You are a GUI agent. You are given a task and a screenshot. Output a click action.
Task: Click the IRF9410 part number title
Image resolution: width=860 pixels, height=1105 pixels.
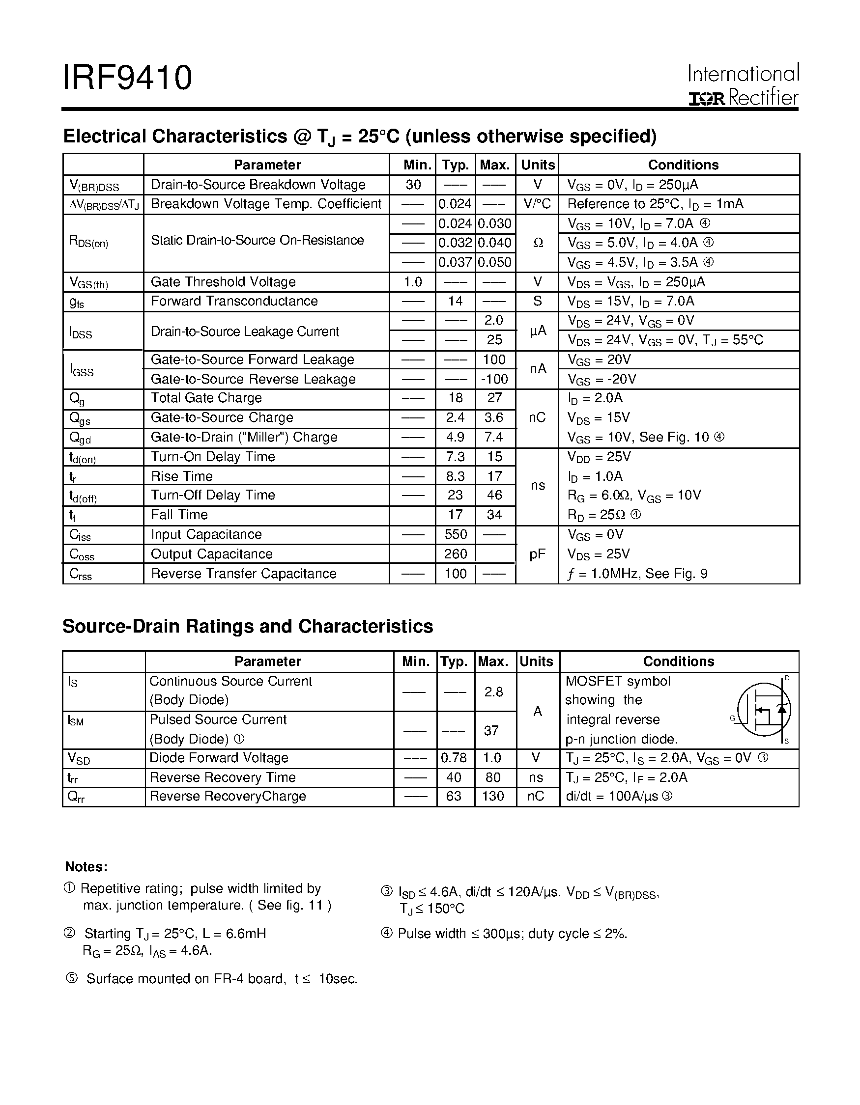coord(127,78)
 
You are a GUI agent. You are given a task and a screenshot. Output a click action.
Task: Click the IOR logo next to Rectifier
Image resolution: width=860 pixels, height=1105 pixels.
coord(706,99)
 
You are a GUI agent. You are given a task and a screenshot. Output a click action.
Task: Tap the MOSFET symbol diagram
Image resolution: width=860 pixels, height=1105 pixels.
coord(764,710)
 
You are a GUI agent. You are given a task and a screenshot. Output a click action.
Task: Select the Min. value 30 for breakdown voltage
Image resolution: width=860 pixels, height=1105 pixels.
coord(413,185)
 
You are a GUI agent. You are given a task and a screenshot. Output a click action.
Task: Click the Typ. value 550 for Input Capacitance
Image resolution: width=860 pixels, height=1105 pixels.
coord(455,534)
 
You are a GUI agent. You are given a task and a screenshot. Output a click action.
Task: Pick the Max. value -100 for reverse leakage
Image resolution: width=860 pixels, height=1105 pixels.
coord(494,379)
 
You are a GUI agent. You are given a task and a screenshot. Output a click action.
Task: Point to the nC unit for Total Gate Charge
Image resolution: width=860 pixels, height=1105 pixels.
coord(537,417)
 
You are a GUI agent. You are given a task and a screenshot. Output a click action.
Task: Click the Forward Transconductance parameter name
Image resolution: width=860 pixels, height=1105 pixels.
coord(234,301)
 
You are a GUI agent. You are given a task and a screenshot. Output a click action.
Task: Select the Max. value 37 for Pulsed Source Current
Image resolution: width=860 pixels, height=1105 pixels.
coord(491,730)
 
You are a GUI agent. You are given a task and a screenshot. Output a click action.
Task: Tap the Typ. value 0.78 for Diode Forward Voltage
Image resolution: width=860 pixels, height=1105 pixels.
coord(454,758)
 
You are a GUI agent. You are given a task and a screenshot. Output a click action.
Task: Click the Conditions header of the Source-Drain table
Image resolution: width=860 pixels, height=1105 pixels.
coord(678,661)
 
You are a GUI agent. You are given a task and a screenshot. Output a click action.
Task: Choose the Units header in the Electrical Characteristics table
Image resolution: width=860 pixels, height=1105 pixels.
coord(538,165)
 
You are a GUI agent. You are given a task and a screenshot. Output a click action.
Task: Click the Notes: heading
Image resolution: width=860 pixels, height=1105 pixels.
coord(86,867)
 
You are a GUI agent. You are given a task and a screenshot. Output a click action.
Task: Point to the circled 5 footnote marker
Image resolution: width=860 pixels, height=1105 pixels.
coord(72,978)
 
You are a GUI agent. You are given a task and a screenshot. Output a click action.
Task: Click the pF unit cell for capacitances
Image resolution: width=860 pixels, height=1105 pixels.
coord(537,554)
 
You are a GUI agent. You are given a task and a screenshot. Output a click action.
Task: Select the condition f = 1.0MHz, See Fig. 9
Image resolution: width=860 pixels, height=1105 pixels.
coord(637,574)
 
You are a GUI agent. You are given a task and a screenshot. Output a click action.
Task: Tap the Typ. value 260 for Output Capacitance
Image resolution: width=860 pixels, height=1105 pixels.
coord(455,554)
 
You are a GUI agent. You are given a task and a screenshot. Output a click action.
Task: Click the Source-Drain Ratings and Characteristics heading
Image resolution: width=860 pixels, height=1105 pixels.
coord(248,626)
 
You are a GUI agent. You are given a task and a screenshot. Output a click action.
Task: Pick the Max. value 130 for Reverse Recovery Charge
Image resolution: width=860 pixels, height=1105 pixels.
coord(493,797)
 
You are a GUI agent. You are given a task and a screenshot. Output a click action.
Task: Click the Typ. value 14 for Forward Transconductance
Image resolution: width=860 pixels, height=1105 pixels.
coord(455,301)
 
